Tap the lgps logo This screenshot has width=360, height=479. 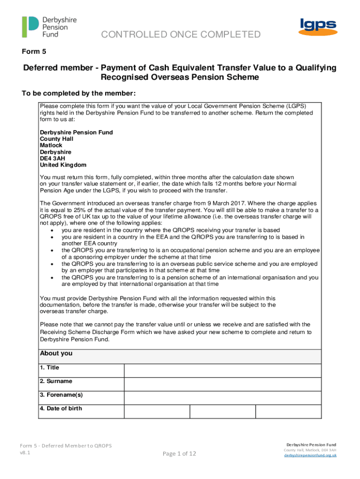(x=318, y=28)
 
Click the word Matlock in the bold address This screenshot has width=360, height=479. (x=50, y=145)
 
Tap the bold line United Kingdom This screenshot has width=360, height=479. (x=63, y=165)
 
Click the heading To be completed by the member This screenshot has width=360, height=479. (x=79, y=93)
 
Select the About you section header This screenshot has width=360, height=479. (x=56, y=354)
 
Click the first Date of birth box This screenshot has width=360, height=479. (x=157, y=411)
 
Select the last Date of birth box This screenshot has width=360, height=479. (x=288, y=411)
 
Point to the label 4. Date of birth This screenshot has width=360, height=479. (x=61, y=408)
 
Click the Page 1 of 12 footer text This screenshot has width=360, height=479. (x=179, y=453)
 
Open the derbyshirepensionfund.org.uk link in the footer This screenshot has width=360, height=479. (x=310, y=455)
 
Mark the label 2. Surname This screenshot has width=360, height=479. (x=56, y=381)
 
